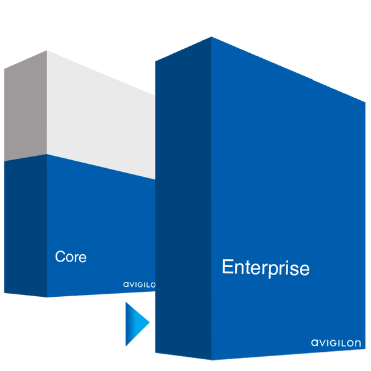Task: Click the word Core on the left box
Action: (70, 256)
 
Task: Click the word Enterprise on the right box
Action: (265, 268)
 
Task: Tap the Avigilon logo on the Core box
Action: (139, 284)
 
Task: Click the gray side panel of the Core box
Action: (25, 111)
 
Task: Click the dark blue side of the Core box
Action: (25, 223)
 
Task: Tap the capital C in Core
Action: (60, 256)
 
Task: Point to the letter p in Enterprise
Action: (267, 270)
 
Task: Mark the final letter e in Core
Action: (83, 257)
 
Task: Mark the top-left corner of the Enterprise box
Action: (155, 59)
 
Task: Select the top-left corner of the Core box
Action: (3, 66)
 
